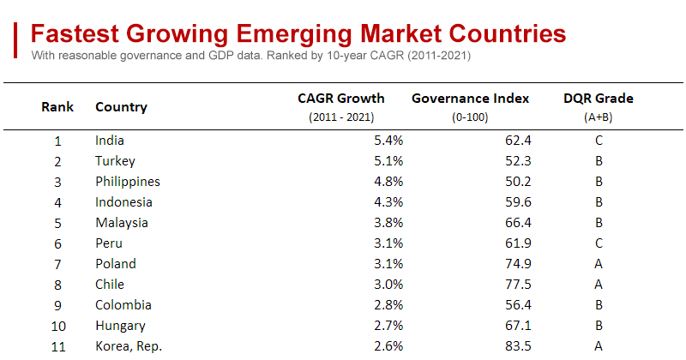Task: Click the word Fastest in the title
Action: [75, 33]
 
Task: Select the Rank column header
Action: [57, 107]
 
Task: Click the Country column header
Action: [121, 107]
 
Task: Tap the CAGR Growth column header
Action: [341, 99]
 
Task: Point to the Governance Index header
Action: [470, 99]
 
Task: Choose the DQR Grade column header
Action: [599, 99]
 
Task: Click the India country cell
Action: [110, 141]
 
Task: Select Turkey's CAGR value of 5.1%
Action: [388, 161]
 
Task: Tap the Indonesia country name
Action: [123, 202]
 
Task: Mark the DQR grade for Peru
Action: [599, 243]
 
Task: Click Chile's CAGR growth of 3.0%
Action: [388, 285]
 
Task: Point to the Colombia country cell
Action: [122, 305]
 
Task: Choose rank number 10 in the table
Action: [57, 326]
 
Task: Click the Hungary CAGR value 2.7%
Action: [388, 326]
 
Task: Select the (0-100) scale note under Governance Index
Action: [470, 117]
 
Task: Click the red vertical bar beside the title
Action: [16, 40]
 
